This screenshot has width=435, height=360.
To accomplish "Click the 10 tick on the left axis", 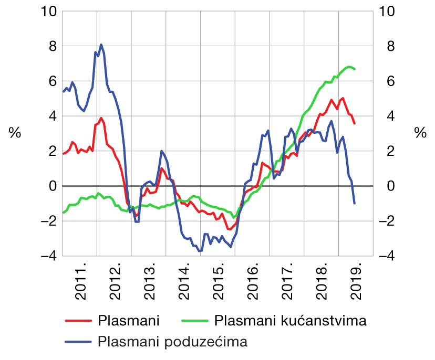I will tap(47, 11).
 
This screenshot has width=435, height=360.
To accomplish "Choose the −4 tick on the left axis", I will tap(47, 256).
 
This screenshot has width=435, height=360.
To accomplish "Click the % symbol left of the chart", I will tap(14, 133).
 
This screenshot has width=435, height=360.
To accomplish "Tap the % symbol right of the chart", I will tap(420, 133).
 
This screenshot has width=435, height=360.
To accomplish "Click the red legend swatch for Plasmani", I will tap(78, 320).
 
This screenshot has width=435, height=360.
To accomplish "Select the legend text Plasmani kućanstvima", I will tap(290, 320).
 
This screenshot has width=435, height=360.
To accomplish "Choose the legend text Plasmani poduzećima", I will tap(172, 342).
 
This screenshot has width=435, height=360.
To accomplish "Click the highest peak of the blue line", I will tap(101, 45).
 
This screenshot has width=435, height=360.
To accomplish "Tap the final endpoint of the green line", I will tap(355, 69).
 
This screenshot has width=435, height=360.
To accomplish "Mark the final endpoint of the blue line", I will tap(355, 203).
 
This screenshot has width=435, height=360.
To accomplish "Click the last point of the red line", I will tap(355, 123).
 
